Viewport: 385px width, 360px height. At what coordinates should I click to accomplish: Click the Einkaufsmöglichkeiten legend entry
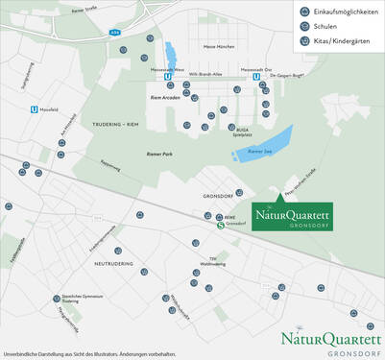click(335, 12)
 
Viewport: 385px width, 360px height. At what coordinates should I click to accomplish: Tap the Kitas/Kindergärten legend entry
click(335, 43)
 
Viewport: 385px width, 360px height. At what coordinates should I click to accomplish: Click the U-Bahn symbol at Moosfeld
click(35, 108)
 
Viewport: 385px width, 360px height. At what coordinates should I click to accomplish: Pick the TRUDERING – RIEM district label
click(119, 124)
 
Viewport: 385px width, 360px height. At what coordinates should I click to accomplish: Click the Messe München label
click(220, 46)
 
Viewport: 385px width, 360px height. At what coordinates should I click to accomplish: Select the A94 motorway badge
click(114, 32)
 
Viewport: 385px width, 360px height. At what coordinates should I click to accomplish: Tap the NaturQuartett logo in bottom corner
click(330, 342)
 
